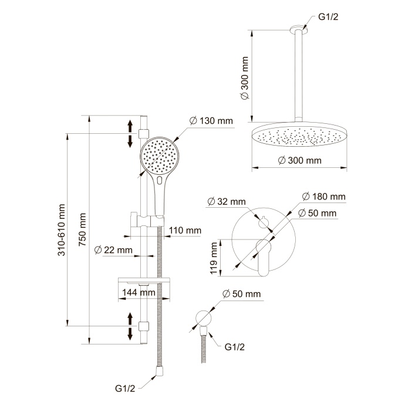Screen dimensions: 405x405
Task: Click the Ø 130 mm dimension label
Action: click(x=211, y=121)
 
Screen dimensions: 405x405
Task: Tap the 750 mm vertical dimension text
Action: click(x=83, y=228)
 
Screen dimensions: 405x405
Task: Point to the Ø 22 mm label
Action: click(x=113, y=250)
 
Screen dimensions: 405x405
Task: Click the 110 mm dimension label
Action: click(x=184, y=231)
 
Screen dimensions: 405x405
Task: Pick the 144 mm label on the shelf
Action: click(x=139, y=292)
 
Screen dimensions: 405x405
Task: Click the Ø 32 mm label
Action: click(x=226, y=201)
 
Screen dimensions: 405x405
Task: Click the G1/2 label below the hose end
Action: click(x=125, y=389)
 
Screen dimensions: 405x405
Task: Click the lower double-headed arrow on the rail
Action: click(x=130, y=326)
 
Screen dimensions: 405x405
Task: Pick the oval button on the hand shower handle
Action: click(x=160, y=182)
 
